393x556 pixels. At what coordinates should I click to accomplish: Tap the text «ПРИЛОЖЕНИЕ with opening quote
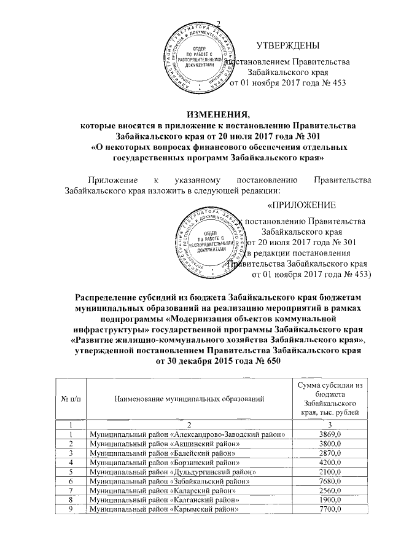tap(302, 204)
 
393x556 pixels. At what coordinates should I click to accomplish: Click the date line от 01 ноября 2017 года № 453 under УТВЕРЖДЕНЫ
tap(287, 84)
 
